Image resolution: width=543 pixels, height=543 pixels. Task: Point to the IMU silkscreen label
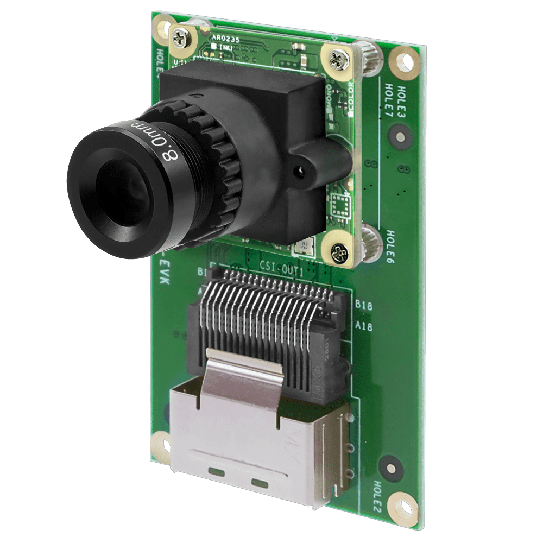pos(224,48)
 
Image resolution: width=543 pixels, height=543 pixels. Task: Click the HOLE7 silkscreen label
pos(390,99)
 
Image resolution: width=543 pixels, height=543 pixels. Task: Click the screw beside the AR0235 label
pos(180,39)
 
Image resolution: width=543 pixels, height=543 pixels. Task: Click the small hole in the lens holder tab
pos(298,172)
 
